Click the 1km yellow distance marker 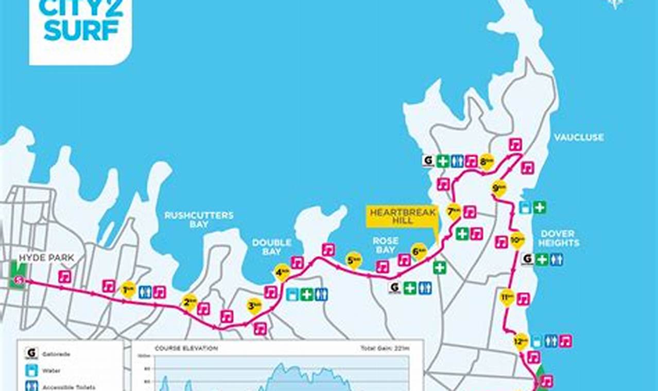[x=128, y=289]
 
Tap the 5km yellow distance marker [x=354, y=260]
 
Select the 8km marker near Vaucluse [x=486, y=161]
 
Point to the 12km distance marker [x=521, y=341]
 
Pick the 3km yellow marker [x=254, y=306]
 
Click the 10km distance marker [x=517, y=239]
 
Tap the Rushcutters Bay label [x=199, y=220]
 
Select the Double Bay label [x=271, y=247]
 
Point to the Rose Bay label [x=386, y=245]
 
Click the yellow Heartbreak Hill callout [x=403, y=217]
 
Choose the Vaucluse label [x=579, y=137]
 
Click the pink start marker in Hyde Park [x=20, y=280]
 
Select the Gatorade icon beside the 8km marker [x=428, y=161]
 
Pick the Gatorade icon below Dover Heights [x=527, y=259]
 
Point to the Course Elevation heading [x=186, y=348]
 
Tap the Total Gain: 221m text [x=385, y=348]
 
